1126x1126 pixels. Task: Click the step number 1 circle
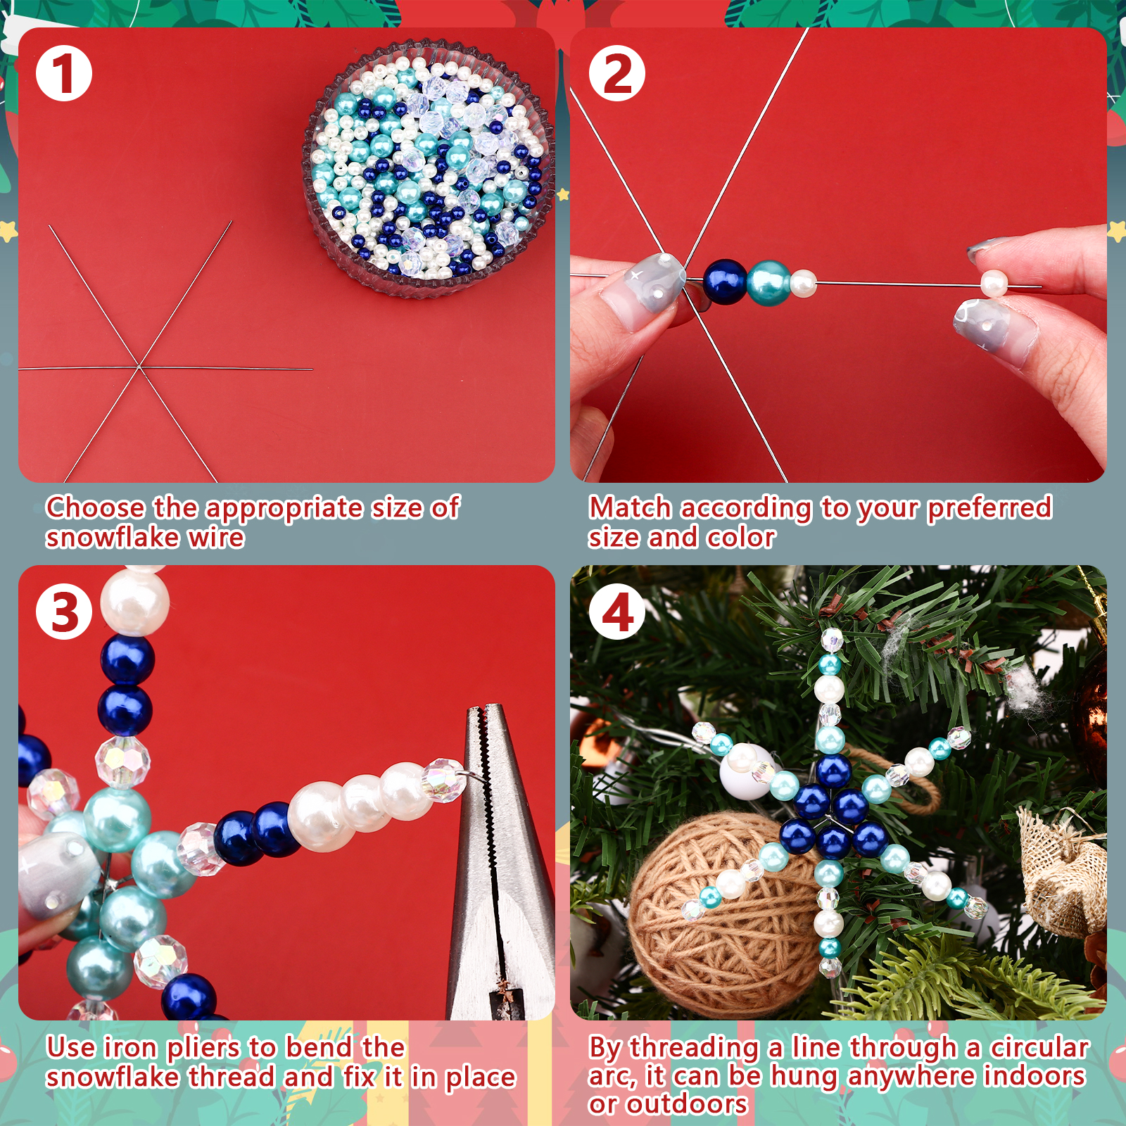[64, 74]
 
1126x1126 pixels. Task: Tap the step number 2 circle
[617, 74]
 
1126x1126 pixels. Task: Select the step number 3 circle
[64, 611]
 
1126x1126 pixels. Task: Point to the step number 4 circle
[617, 611]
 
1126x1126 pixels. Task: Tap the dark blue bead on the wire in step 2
[725, 281]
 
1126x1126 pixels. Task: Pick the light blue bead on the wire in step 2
[768, 283]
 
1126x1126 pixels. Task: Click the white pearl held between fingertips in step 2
[994, 283]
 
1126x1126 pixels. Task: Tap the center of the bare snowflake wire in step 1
[140, 367]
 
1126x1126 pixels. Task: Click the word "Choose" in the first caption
[96, 507]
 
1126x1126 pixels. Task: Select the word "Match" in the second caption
[630, 507]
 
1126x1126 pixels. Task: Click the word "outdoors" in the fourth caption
[687, 1103]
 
